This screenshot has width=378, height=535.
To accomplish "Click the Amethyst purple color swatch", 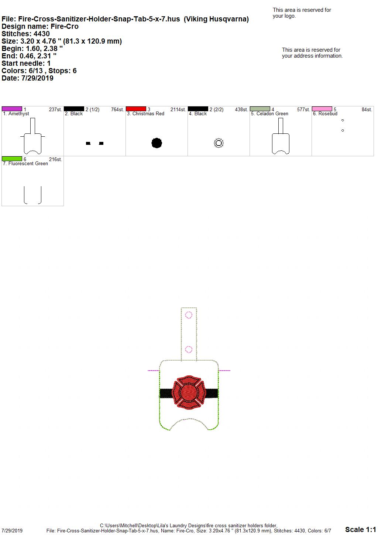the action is coord(12,109).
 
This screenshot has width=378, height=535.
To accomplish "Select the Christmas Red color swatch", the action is coord(136,109).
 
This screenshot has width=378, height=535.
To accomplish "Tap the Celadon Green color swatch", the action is coord(260,109).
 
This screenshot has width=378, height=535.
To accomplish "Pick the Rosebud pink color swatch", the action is coord(322,109).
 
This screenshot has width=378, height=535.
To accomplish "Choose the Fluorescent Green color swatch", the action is coord(12,159).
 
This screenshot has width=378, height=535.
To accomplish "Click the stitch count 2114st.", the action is coord(178,109).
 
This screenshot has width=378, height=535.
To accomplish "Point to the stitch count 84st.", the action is coord(367,109).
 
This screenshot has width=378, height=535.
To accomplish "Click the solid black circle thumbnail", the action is coord(157,143).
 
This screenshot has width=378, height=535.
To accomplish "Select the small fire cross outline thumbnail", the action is coord(219,143).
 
